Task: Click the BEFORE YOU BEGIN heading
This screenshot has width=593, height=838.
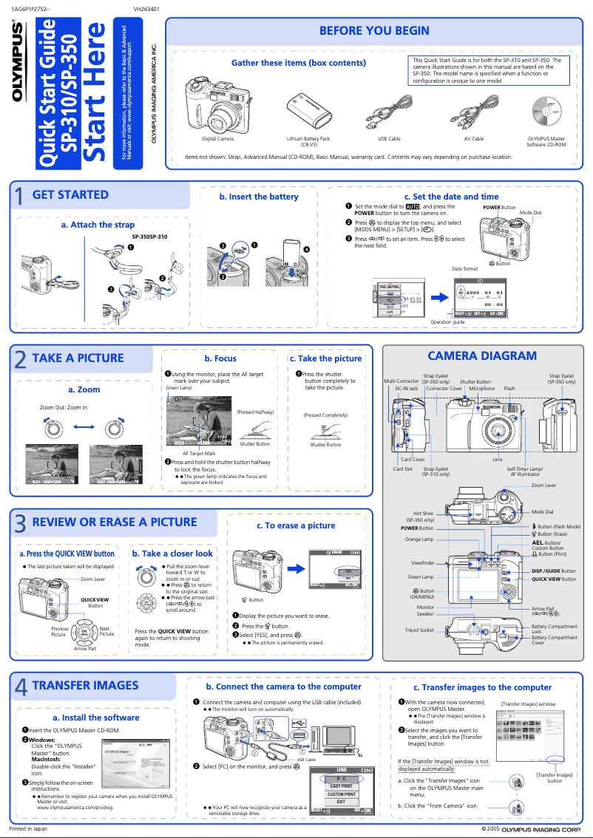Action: coord(373,30)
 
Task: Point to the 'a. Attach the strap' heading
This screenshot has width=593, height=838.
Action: coord(98,225)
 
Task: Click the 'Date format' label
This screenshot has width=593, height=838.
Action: coord(464,268)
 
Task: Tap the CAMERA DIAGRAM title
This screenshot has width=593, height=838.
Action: coord(482,355)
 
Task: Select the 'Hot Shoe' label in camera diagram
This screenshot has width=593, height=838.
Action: coord(423,513)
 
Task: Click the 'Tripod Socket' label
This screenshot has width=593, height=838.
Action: coord(419,630)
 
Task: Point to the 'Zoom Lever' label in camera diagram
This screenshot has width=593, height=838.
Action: coord(543,486)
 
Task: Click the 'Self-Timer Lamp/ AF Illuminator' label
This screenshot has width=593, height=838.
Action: coord(524,471)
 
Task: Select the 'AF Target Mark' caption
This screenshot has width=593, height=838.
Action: coord(199,453)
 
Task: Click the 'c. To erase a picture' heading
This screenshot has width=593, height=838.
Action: coord(296,525)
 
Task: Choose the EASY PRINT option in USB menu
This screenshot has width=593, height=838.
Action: coord(341,786)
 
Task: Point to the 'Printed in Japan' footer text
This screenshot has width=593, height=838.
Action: coord(27,829)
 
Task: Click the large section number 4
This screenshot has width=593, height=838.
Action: coord(21,687)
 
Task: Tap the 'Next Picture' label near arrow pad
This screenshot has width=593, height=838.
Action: coord(106,632)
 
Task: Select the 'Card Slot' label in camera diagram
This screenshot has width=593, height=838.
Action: coord(402,469)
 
